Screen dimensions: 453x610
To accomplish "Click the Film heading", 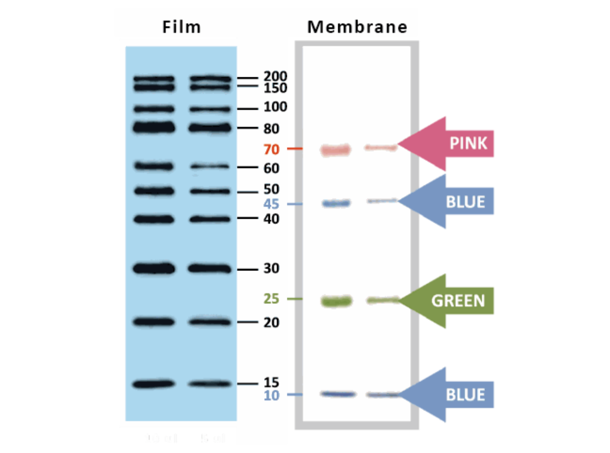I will point(181,27).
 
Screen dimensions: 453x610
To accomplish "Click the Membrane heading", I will point(357,27).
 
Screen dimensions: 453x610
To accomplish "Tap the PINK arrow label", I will point(467,143).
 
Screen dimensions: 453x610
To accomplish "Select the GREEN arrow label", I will point(457,301).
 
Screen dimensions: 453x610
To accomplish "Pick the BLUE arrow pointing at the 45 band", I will point(464,201).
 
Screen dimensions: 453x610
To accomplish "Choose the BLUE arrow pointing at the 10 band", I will point(464,395).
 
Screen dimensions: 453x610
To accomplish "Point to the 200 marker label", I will point(275,76).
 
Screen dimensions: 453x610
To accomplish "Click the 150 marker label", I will point(275,88).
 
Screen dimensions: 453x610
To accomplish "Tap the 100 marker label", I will point(275,107).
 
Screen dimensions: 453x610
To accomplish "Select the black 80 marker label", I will point(271,129).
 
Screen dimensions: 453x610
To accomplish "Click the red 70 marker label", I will point(271,150).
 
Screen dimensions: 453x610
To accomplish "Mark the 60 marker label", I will point(271,168).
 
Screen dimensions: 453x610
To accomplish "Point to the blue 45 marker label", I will point(271,204).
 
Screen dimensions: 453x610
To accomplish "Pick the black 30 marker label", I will point(271,269).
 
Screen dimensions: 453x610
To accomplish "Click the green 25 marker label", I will point(271,299).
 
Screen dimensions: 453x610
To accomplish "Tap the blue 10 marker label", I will point(271,396).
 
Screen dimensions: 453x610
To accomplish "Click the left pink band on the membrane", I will point(335,150).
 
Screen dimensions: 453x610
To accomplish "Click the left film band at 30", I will point(154,269).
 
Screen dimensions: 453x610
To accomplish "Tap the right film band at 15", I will point(207,383).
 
